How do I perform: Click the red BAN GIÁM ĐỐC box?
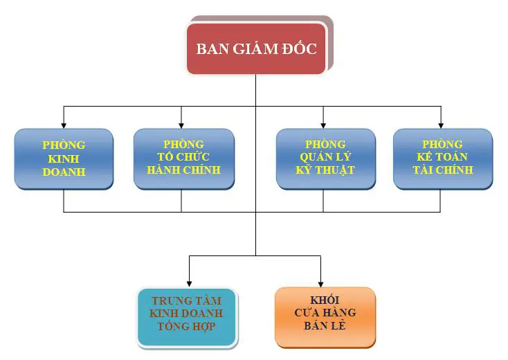pyautogui.click(x=256, y=48)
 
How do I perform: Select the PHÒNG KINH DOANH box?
pyautogui.click(x=64, y=159)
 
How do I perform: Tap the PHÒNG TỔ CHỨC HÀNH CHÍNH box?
pyautogui.click(x=183, y=159)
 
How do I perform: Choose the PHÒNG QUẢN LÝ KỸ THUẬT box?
pyautogui.click(x=325, y=159)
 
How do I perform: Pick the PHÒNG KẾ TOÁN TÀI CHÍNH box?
pyautogui.click(x=442, y=159)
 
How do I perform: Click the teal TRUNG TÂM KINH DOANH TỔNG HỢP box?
pyautogui.click(x=188, y=317)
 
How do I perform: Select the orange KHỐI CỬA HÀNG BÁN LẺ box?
pyautogui.click(x=325, y=317)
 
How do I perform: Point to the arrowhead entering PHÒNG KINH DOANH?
pyautogui.click(x=64, y=125)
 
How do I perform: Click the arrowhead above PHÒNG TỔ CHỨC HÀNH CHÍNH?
pyautogui.click(x=181, y=125)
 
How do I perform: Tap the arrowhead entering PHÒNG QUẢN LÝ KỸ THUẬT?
pyautogui.click(x=323, y=125)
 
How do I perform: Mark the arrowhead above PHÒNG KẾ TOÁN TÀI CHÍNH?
pyautogui.click(x=441, y=125)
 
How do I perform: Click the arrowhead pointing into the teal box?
pyautogui.click(x=189, y=284)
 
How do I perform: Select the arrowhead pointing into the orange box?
pyautogui.click(x=320, y=284)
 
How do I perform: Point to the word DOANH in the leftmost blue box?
pyautogui.click(x=64, y=172)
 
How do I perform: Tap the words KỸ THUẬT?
pyautogui.click(x=325, y=170)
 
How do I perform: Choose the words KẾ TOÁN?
pyautogui.click(x=442, y=156)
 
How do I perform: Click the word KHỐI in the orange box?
pyautogui.click(x=325, y=300)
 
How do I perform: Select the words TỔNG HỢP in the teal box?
pyautogui.click(x=187, y=326)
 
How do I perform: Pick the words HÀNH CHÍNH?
pyautogui.click(x=183, y=170)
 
